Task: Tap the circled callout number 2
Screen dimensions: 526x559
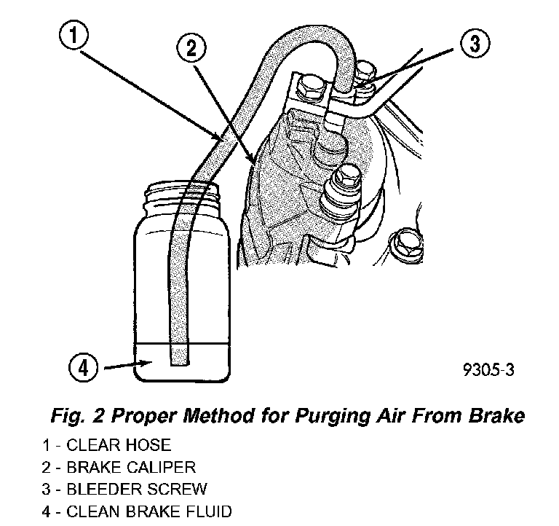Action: (191, 49)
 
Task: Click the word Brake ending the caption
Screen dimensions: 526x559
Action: (499, 417)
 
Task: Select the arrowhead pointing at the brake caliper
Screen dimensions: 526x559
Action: (253, 161)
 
